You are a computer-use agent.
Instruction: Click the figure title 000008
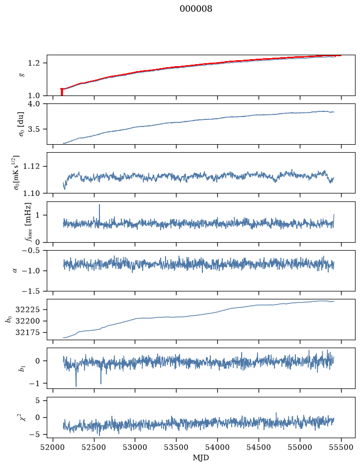[196, 8]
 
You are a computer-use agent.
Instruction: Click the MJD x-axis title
[201, 458]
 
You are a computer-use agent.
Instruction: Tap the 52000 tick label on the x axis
[53, 447]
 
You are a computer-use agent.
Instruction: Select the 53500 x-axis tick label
[177, 447]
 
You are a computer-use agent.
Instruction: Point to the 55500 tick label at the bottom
[341, 447]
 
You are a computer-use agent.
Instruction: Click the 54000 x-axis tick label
[217, 447]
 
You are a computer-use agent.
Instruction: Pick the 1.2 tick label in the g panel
[34, 63]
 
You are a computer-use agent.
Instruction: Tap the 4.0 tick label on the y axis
[34, 103]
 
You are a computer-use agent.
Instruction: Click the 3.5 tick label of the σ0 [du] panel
[34, 129]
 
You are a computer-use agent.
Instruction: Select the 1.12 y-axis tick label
[31, 166]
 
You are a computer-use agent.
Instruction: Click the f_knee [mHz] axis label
[28, 222]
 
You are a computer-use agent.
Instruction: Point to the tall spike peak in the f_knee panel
[99, 204]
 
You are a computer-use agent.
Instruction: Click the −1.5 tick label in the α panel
[31, 291]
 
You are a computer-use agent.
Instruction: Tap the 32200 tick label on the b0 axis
[27, 321]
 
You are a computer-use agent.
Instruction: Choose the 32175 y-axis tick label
[27, 332]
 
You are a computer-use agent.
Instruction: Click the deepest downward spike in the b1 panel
[76, 386]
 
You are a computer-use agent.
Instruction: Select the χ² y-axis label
[21, 417]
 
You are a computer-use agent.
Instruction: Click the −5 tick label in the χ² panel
[34, 435]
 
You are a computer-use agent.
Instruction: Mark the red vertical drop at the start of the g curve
[62, 92]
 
